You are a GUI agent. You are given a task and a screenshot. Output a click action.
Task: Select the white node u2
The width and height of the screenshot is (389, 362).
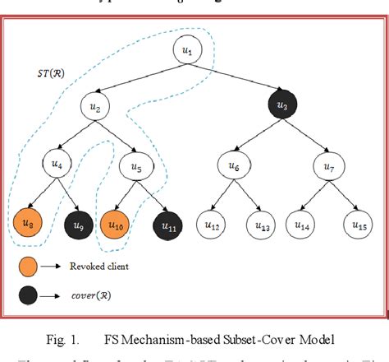tap(95, 107)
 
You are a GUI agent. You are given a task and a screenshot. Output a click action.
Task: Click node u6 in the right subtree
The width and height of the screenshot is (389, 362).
tap(234, 165)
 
